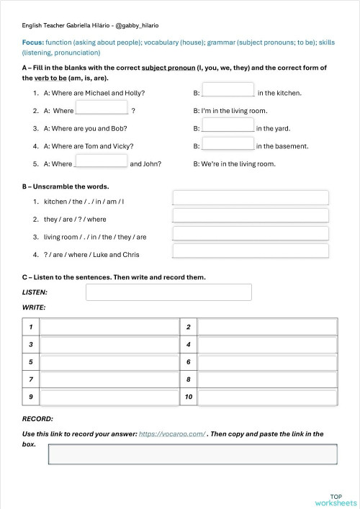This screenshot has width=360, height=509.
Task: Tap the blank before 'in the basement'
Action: [x=228, y=143]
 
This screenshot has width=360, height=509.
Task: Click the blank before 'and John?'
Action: [x=102, y=161]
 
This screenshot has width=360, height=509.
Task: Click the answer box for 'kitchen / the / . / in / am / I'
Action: [x=251, y=198]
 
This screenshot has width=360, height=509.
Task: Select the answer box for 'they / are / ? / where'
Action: [x=251, y=215]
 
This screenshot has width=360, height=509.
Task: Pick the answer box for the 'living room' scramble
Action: [x=251, y=233]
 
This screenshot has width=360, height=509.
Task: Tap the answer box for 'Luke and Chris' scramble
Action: [x=251, y=251]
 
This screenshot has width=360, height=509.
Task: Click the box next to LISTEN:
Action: [x=168, y=292]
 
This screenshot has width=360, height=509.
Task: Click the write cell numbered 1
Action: [x=109, y=328]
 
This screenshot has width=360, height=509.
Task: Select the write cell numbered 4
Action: [x=267, y=345]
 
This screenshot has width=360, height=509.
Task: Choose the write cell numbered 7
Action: [x=109, y=379]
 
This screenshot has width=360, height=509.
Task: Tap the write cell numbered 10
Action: [x=267, y=397]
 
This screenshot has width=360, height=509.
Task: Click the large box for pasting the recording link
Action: [x=192, y=454]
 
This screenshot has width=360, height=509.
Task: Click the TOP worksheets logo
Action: [x=336, y=499]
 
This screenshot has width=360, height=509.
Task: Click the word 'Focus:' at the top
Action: [x=33, y=43]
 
